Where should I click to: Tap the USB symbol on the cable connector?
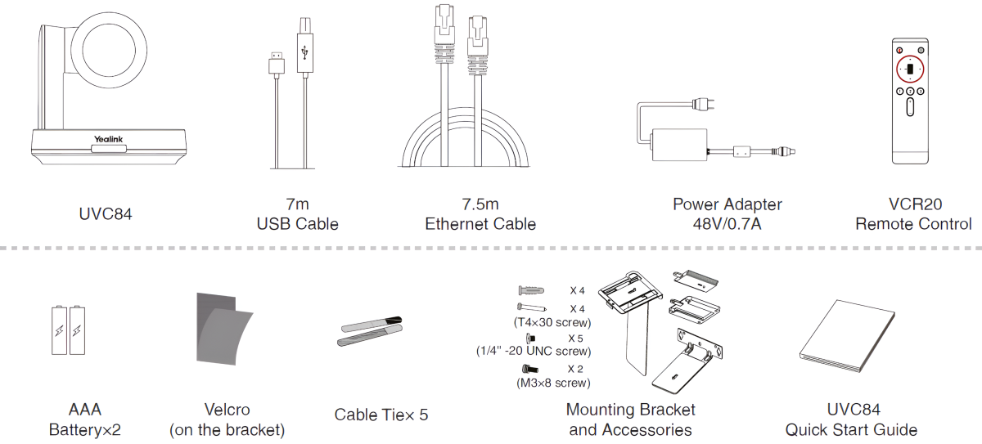pos(306,53)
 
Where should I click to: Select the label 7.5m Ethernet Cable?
pos(480,214)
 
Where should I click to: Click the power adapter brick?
pos(679,149)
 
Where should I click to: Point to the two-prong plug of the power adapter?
pos(703,104)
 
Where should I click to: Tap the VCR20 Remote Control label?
pos(913,214)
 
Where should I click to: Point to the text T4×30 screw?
pos(552,322)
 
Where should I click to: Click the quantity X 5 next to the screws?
pos(575,338)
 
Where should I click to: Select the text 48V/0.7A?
pos(727,223)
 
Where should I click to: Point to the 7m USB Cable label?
pos(297,214)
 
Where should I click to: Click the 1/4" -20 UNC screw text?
pos(534,351)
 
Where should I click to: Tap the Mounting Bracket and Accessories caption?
pos(630,419)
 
